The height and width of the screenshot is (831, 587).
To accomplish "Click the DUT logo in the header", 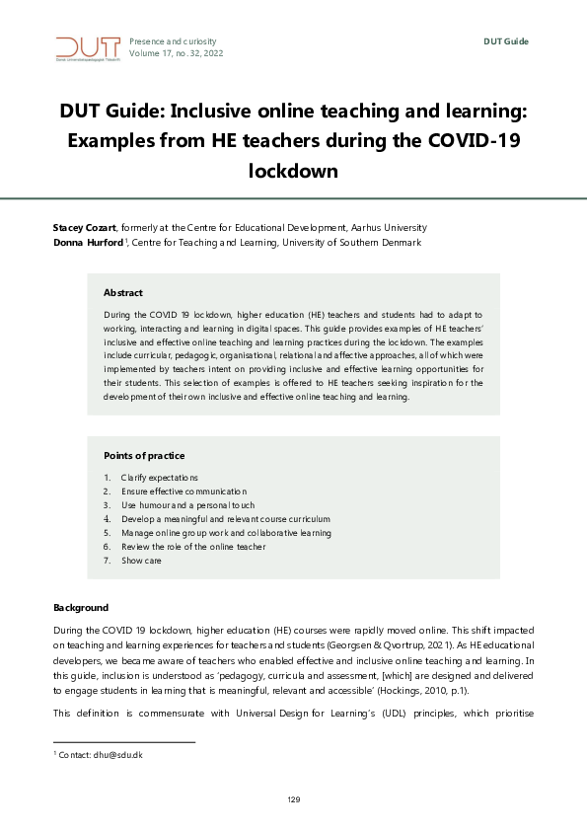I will click(88, 47).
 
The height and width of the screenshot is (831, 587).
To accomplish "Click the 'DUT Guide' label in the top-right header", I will click(506, 40).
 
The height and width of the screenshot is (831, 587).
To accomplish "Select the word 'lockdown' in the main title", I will click(293, 170).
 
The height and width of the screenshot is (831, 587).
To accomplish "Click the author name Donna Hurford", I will click(88, 243).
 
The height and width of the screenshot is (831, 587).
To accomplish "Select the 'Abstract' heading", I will click(123, 293).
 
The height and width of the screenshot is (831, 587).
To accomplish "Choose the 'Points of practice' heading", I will click(144, 456).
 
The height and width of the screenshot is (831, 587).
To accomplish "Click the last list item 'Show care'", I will click(141, 561).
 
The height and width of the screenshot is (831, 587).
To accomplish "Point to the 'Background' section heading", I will click(80, 607).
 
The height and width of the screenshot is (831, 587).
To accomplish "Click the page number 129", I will click(293, 798).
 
